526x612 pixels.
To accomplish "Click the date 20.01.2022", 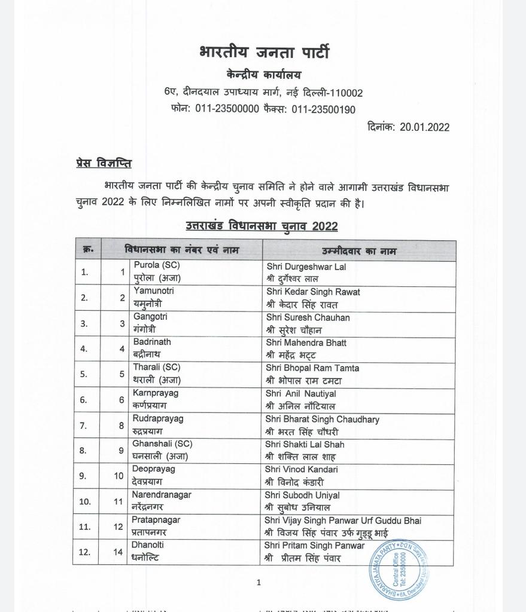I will (x=425, y=127).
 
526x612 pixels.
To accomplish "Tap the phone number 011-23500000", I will (x=227, y=109).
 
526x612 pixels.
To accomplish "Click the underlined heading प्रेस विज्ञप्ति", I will (x=104, y=163).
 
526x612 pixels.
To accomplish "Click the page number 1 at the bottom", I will (x=259, y=582).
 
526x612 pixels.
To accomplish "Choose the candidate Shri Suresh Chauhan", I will (x=308, y=317).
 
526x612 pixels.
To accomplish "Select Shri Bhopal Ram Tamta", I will (x=312, y=368).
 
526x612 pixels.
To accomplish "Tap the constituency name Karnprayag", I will (x=156, y=393).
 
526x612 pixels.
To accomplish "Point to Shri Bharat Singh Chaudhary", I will (x=323, y=419).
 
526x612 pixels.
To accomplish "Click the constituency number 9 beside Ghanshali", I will (x=121, y=451).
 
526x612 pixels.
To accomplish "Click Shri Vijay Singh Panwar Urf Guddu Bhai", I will (x=343, y=521).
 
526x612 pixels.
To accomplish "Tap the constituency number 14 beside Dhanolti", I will (x=118, y=552).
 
